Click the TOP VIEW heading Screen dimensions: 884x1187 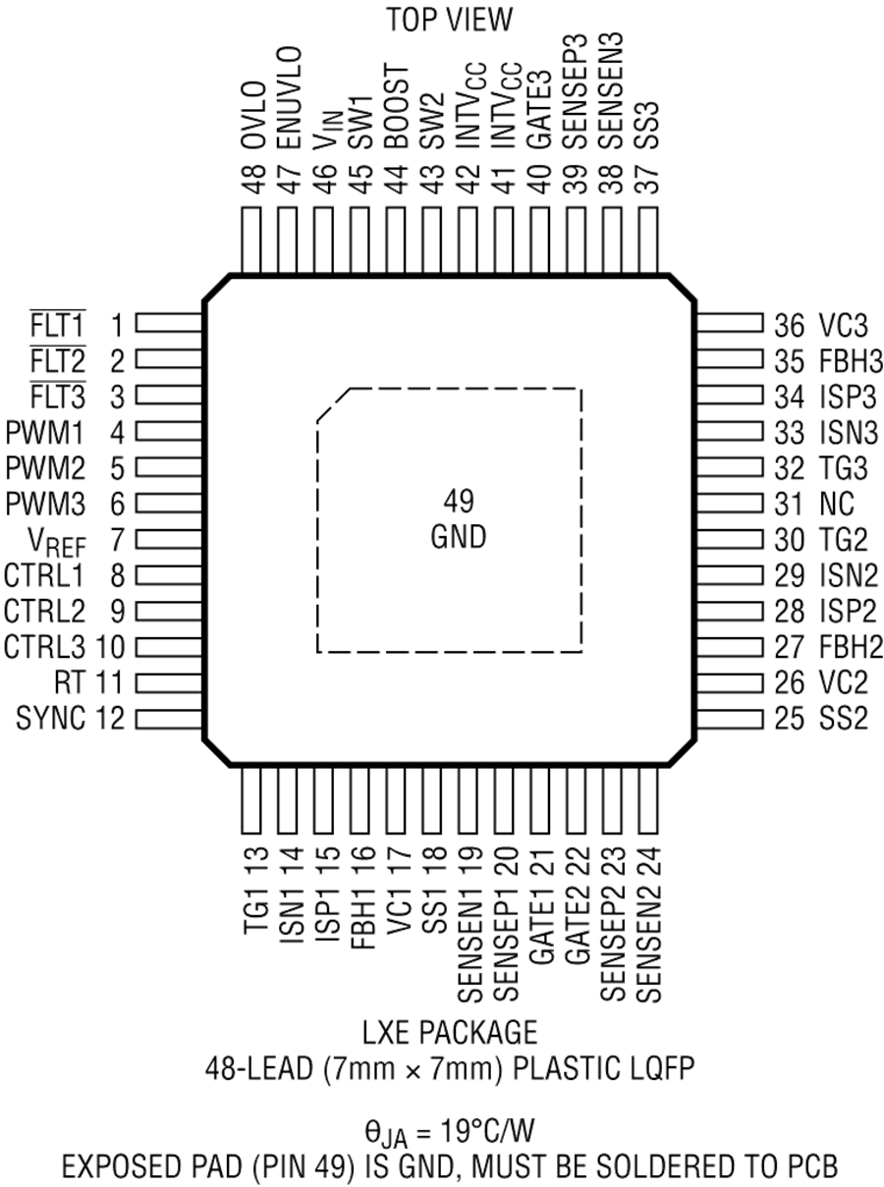click(449, 20)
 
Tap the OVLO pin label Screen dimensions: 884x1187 click(253, 115)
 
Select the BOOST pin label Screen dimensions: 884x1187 click(397, 107)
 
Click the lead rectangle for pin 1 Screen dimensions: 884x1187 click(169, 323)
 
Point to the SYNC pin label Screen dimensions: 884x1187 click(50, 719)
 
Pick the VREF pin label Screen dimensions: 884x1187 click(57, 542)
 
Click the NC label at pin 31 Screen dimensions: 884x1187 click(837, 504)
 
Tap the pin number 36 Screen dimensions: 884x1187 click(789, 325)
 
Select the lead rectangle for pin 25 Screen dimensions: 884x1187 click(730, 720)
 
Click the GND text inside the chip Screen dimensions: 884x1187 click(459, 537)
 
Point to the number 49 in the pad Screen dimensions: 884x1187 click(459, 502)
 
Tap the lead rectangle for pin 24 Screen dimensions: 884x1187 click(648, 799)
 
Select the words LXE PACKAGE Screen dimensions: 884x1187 click(450, 1032)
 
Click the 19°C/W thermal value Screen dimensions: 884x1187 click(487, 1131)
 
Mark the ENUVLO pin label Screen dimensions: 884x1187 click(290, 98)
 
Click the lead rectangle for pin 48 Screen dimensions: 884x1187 click(251, 241)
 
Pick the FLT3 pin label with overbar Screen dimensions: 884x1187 click(57, 396)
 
